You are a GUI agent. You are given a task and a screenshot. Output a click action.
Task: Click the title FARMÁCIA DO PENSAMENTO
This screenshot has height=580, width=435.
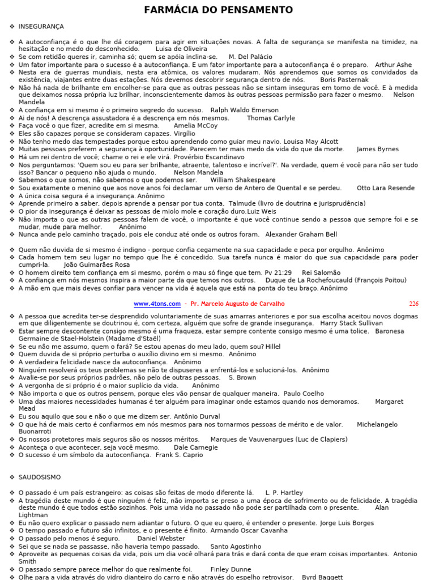pos(218,10)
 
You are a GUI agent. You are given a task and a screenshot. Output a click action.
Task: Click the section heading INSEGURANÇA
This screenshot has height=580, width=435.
pos(41,27)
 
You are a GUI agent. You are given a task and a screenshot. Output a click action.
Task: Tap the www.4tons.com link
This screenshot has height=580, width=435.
pos(157,304)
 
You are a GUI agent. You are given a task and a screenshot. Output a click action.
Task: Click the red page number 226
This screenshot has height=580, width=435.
pos(413,304)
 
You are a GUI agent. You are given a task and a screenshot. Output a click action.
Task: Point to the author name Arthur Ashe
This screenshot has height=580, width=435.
pos(394,65)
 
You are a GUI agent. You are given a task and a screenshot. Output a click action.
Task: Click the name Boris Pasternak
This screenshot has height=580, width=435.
pos(344,80)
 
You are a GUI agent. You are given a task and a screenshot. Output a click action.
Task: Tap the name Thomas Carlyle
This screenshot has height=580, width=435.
pos(271,118)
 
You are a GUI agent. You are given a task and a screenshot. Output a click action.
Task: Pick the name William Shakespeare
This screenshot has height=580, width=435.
pos(242,180)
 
